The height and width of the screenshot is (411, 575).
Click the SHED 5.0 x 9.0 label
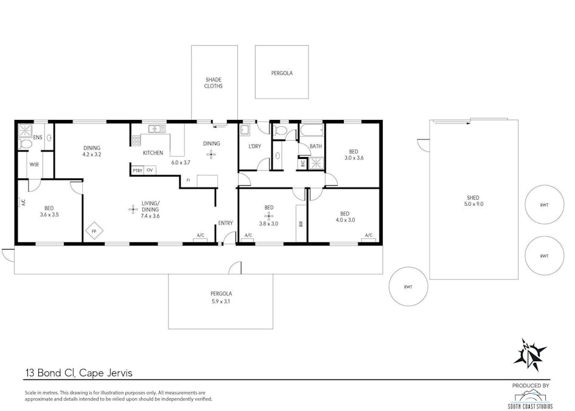473,201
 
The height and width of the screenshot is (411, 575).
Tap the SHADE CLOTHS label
214,83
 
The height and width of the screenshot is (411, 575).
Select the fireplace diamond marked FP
94,231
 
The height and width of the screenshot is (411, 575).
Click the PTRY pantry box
138,170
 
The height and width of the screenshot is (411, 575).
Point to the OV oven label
150,170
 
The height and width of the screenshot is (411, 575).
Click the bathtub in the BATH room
312,131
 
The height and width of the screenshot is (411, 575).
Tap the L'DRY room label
255,146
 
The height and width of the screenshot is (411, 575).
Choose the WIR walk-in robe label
34,165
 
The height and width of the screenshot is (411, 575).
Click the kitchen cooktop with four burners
136,140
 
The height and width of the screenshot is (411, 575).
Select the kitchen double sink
157,129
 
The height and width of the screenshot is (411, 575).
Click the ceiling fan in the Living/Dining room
133,209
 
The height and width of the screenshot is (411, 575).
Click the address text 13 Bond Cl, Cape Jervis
78,373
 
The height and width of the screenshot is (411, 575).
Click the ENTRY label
226,223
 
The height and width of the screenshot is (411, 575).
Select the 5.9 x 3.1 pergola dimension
220,301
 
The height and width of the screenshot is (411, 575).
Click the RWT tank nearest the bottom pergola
408,287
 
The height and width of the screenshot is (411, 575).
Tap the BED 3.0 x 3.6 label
354,155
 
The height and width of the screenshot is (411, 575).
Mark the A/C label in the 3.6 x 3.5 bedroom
23,202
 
